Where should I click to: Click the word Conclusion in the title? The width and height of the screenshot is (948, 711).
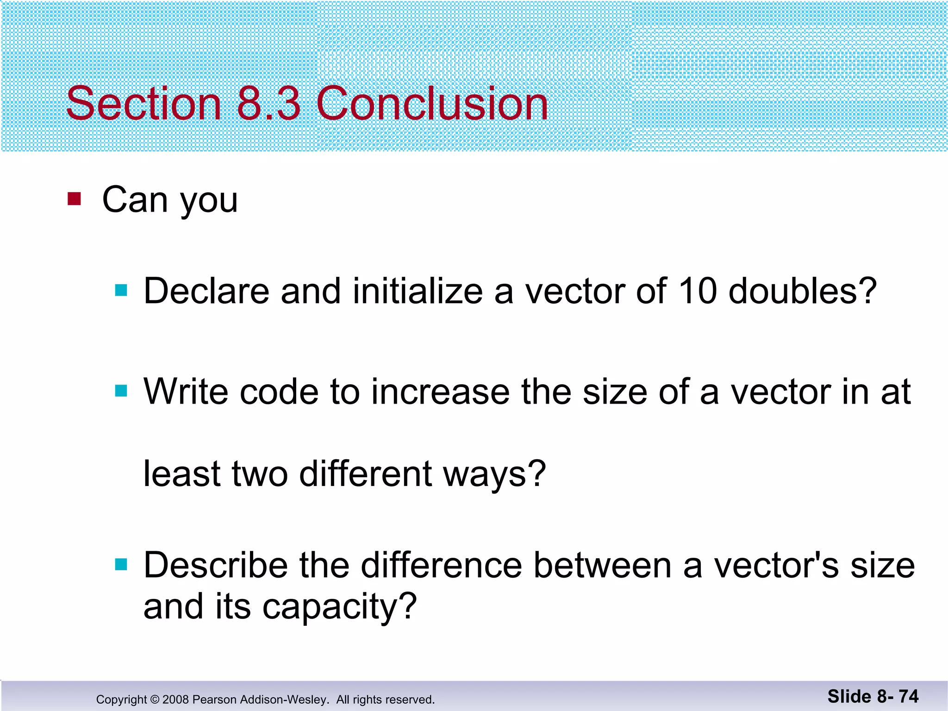(x=432, y=103)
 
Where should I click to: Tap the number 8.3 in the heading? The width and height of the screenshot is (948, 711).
(x=268, y=103)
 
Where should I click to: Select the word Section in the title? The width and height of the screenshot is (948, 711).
(x=143, y=103)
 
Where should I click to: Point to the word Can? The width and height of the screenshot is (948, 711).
(x=135, y=200)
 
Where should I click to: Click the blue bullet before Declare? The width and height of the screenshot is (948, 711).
(x=121, y=290)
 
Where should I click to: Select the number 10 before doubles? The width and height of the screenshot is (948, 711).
(x=698, y=291)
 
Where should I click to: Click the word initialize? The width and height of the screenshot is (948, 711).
(x=418, y=291)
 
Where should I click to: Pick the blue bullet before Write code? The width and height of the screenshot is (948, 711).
(x=121, y=391)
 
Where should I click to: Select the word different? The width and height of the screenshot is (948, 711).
(x=366, y=474)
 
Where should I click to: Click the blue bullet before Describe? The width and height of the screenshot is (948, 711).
(x=121, y=565)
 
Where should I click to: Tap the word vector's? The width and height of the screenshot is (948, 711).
(x=776, y=566)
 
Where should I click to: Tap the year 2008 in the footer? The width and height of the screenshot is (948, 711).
(x=175, y=699)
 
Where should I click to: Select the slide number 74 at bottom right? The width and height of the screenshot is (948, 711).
(x=908, y=697)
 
